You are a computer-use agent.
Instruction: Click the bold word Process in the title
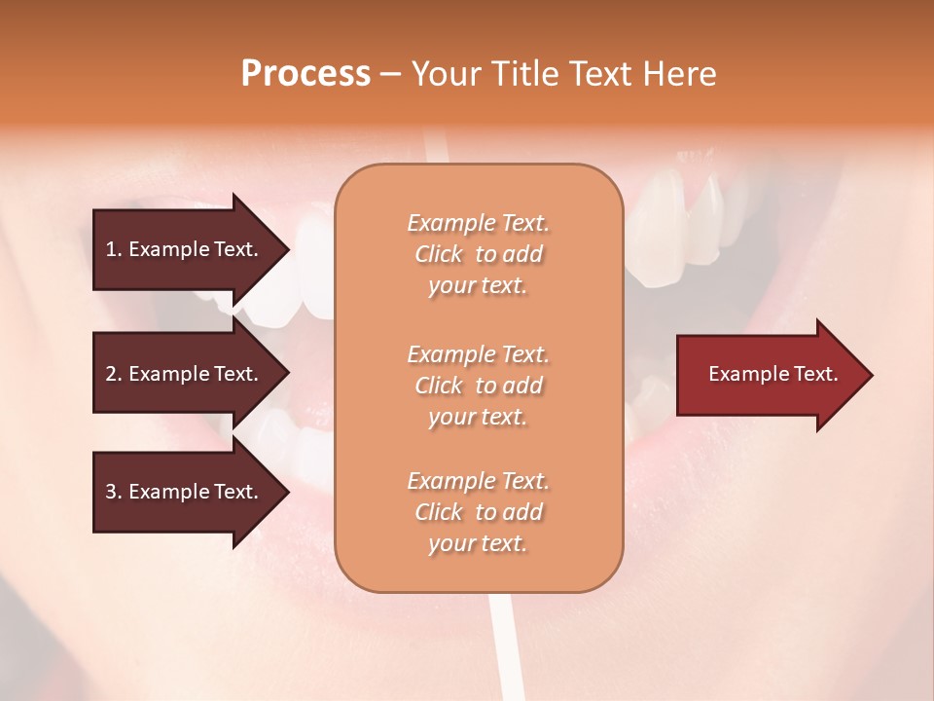pos(305,74)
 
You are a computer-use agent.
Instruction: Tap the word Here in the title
pos(677,74)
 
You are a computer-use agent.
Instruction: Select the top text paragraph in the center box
pos(478,254)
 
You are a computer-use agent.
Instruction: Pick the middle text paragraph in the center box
pos(478,386)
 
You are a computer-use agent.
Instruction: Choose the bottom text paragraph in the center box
pos(478,512)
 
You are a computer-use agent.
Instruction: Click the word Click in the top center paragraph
pos(439,254)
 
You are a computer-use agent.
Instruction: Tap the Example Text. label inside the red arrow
pos(772,374)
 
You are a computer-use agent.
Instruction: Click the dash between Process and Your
pos(390,75)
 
